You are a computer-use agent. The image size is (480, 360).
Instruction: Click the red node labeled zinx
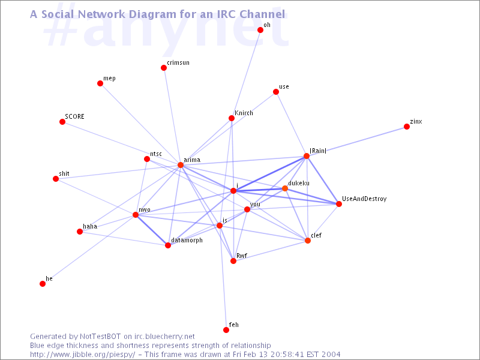tap(407, 127)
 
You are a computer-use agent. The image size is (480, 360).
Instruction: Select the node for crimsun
tap(164, 68)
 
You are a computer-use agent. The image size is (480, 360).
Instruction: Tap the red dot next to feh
tap(226, 329)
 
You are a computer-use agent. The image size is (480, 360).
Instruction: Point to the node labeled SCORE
tap(62, 122)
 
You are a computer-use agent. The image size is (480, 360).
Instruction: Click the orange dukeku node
tap(284, 188)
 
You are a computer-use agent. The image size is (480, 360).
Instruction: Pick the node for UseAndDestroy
tap(338, 204)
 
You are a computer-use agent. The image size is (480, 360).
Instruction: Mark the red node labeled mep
tap(100, 83)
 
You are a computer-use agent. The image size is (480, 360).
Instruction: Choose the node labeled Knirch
tap(232, 118)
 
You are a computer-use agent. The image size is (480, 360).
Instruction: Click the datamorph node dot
tap(168, 245)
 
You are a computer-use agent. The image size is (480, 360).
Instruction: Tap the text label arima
tap(192, 160)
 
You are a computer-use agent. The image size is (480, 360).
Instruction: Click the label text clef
tap(316, 235)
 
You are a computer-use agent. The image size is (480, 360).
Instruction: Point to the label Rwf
tap(242, 256)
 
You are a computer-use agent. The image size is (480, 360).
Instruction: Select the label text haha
tap(90, 226)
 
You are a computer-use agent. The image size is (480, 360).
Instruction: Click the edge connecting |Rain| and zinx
tap(356, 142)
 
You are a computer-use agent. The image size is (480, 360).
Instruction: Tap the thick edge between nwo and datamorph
tap(152, 230)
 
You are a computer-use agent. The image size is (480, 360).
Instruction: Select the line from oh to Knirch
tap(246, 74)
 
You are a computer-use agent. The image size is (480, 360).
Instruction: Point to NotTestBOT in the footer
tap(100, 337)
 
